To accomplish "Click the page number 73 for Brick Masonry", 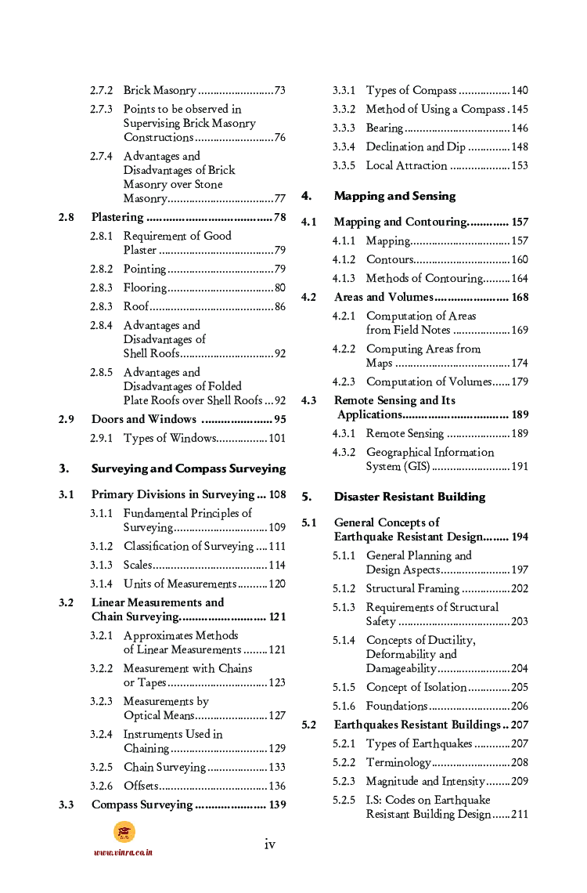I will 279,91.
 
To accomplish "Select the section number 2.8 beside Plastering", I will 67,217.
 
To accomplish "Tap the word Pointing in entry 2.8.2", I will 145,269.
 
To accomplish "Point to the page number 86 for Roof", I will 279,306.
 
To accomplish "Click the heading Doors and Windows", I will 144,419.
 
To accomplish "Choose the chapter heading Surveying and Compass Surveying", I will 189,468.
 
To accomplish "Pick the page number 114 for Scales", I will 277,565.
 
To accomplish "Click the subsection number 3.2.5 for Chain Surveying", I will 101,767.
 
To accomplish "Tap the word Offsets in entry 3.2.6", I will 141,786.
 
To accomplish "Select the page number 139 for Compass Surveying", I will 277,804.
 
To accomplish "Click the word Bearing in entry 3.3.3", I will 384,128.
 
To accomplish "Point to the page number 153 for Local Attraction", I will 520,165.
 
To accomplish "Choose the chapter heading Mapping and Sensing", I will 394,196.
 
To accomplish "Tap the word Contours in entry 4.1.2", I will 389,259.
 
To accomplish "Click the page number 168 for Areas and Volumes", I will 520,297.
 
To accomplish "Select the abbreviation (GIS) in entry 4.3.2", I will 412,466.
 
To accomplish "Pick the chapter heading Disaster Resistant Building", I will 409,497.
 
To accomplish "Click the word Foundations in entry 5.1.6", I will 397,706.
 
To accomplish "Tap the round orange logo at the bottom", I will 124,832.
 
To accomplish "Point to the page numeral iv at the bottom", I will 270,844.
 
